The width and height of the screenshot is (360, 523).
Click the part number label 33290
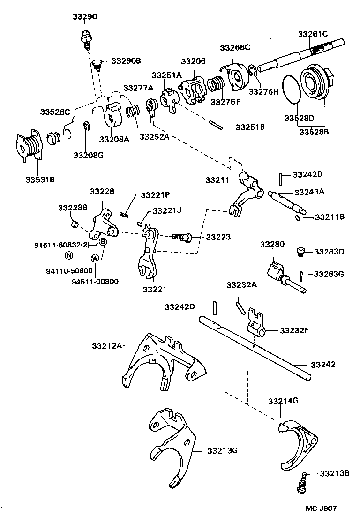(85, 16)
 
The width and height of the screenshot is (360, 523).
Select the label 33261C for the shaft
(313, 34)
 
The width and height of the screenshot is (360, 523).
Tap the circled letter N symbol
(68, 255)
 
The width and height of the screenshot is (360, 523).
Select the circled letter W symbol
(95, 258)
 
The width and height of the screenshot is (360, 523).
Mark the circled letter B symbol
(103, 242)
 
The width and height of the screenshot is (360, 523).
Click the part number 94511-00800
(95, 281)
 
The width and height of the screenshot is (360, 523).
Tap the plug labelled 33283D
(301, 253)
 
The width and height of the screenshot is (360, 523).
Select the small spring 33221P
(124, 214)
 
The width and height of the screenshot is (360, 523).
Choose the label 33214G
(283, 401)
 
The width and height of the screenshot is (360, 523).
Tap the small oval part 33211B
(299, 217)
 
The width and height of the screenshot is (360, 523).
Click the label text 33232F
(294, 330)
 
